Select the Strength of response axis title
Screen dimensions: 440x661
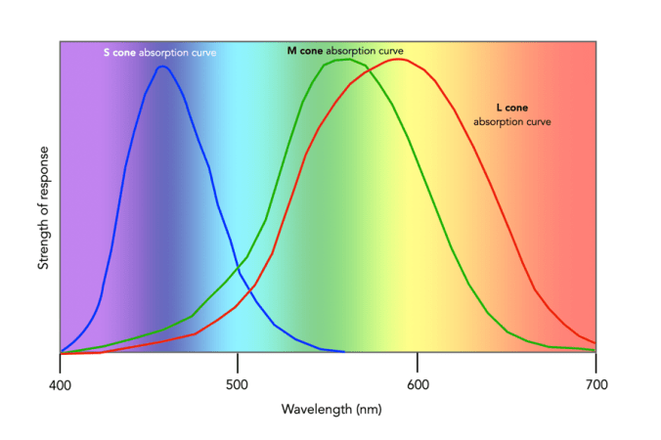(x=44, y=209)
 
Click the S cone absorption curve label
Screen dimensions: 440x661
(x=159, y=52)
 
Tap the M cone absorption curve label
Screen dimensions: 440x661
(x=344, y=50)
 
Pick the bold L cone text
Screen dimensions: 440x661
(x=511, y=109)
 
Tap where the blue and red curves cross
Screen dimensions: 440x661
(x=252, y=287)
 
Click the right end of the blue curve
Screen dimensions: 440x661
(x=343, y=351)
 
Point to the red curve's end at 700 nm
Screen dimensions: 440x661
(x=595, y=343)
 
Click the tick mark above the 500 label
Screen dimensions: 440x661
(x=238, y=359)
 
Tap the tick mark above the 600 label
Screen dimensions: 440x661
(x=417, y=359)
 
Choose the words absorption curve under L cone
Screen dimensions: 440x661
(x=511, y=122)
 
